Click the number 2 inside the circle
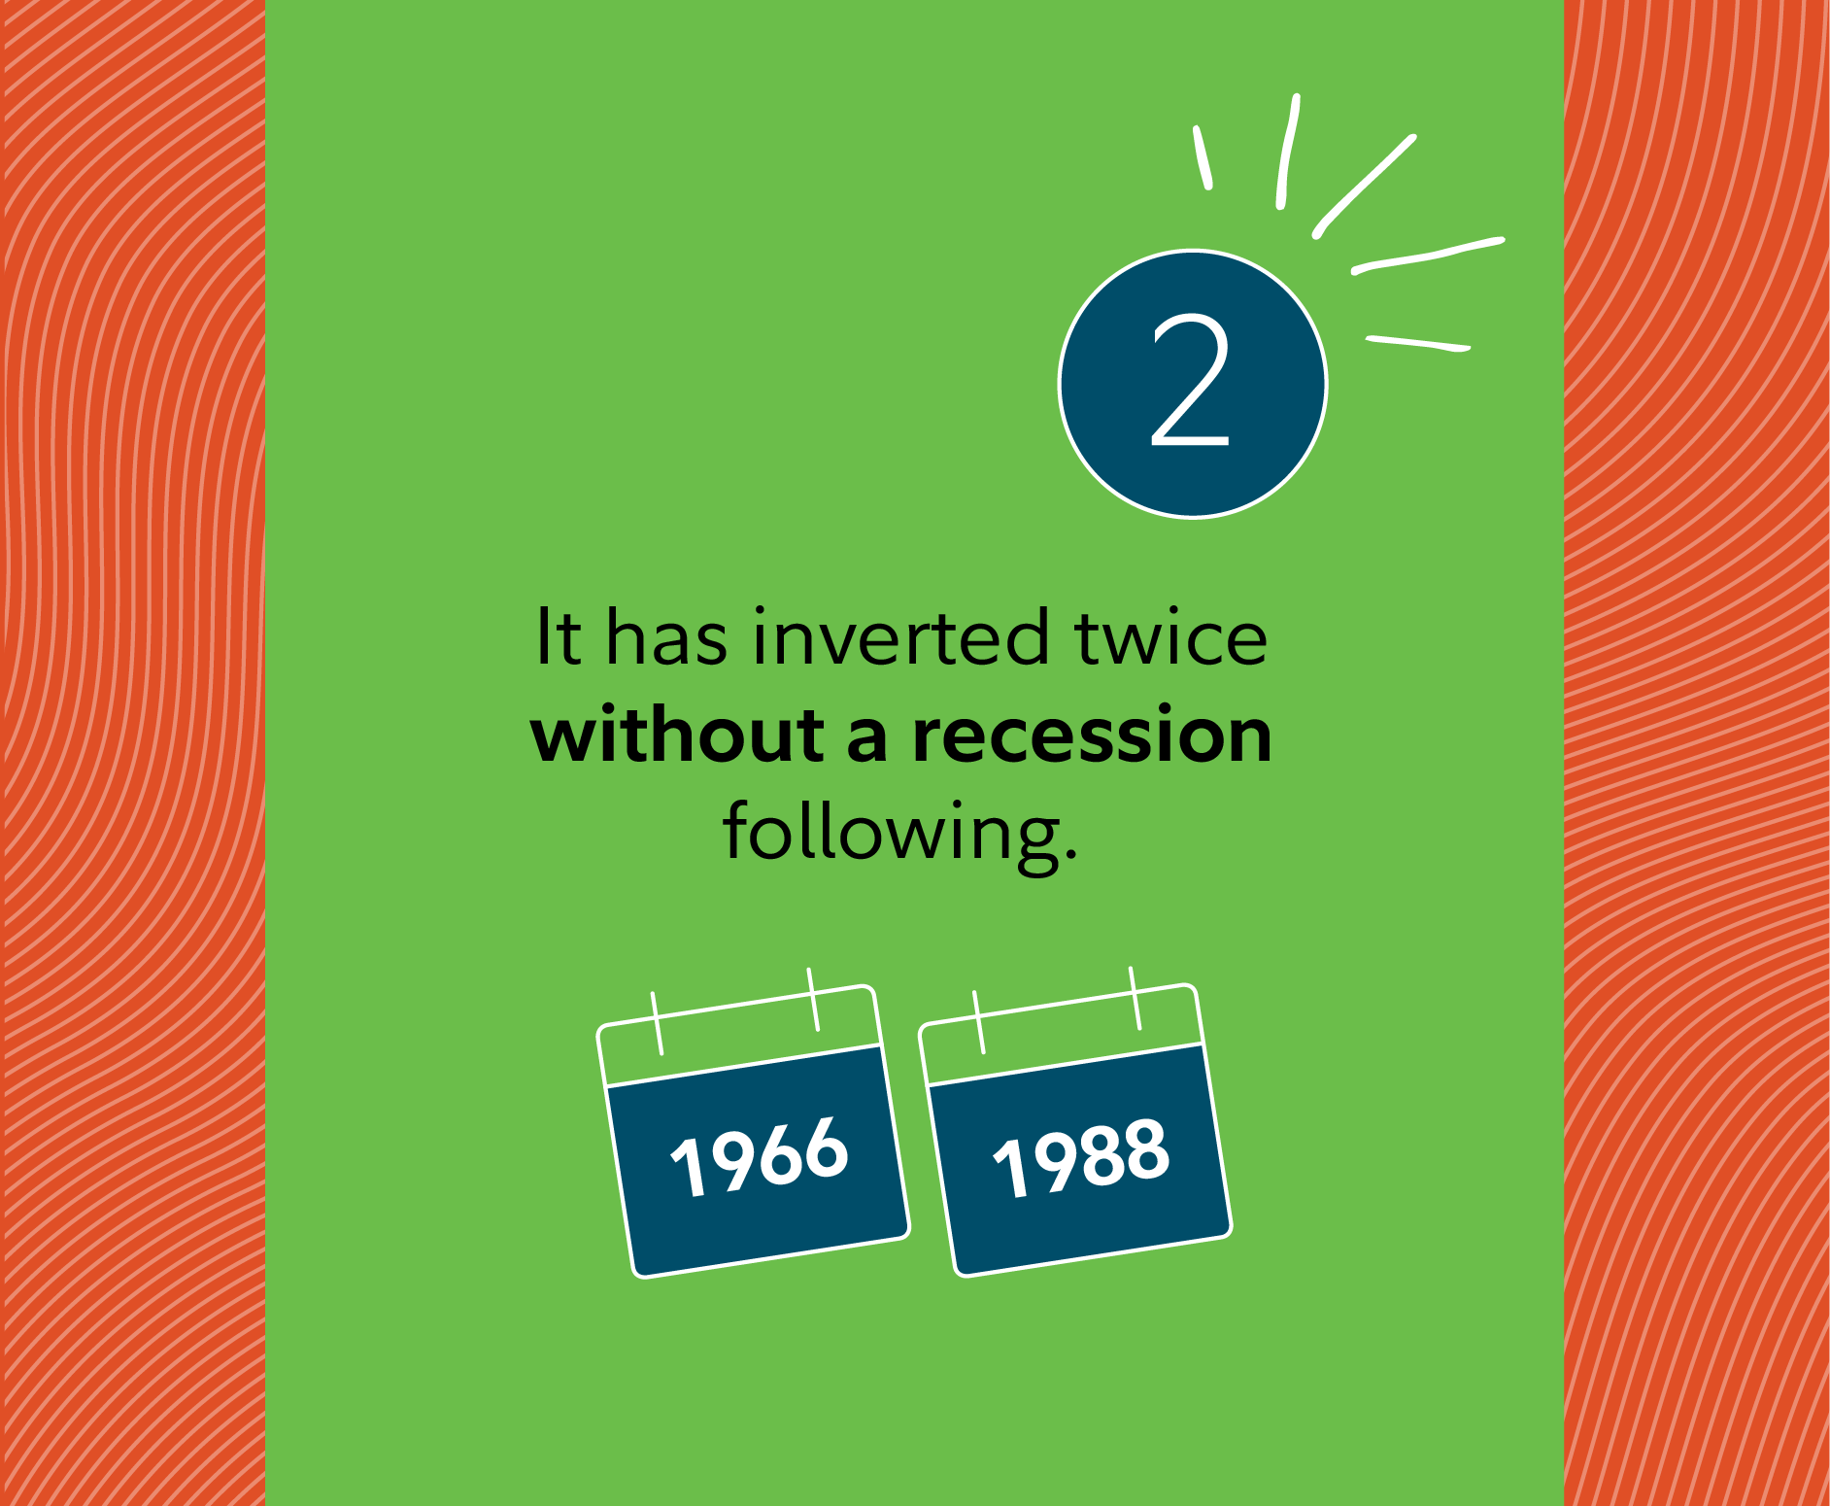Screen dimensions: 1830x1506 pyautogui.click(x=1191, y=381)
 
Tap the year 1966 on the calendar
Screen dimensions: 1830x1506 pyautogui.click(x=760, y=1155)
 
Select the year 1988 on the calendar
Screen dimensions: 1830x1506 pyautogui.click(x=1081, y=1155)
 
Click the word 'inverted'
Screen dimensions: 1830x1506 pyautogui.click(x=901, y=637)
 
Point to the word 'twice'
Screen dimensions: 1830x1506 pyautogui.click(x=1170, y=637)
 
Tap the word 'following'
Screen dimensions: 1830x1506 pyautogui.click(x=892, y=834)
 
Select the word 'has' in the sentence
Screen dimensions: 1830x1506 pyautogui.click(x=666, y=637)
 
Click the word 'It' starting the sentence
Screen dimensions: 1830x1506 pyautogui.click(x=559, y=637)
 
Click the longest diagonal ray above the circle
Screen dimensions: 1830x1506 pyautogui.click(x=1364, y=186)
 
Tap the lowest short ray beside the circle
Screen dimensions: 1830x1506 pyautogui.click(x=1418, y=342)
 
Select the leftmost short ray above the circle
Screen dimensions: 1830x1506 pyautogui.click(x=1203, y=156)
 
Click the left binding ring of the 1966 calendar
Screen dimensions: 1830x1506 pyautogui.click(x=657, y=1022)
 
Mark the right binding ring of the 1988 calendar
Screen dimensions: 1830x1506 pyautogui.click(x=1135, y=998)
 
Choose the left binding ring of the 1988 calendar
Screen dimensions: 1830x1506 pyautogui.click(x=977, y=1021)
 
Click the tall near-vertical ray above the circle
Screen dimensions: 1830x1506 pyautogui.click(x=1288, y=151)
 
